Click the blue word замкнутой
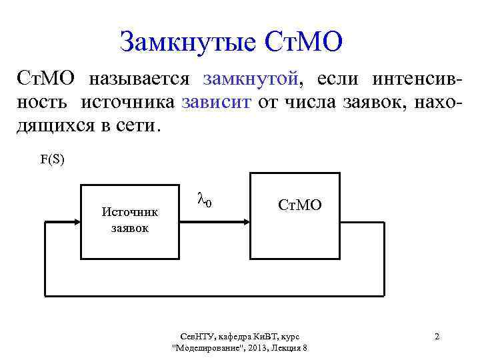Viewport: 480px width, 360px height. click(250, 80)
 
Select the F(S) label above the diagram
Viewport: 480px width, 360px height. click(52, 160)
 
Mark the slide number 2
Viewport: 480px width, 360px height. click(437, 337)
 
